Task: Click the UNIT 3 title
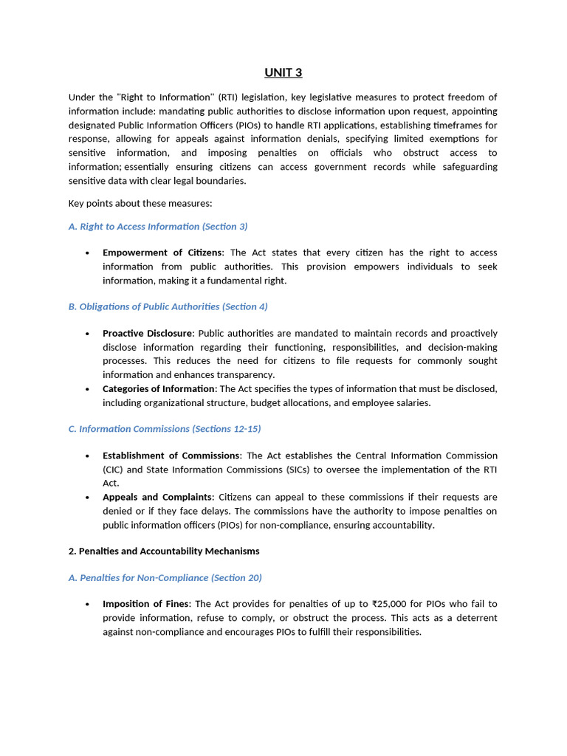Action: pyautogui.click(x=283, y=72)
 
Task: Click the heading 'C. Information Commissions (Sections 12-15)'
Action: pyautogui.click(x=165, y=429)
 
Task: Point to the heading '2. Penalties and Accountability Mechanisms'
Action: pyautogui.click(x=164, y=551)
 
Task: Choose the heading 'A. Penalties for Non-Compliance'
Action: pyautogui.click(x=165, y=578)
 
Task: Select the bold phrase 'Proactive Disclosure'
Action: pyautogui.click(x=147, y=334)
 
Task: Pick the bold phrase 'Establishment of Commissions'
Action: pyautogui.click(x=171, y=456)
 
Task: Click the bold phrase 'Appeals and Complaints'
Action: pyautogui.click(x=157, y=497)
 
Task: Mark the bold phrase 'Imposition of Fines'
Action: pyautogui.click(x=145, y=604)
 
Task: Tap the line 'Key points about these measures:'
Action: pyautogui.click(x=140, y=203)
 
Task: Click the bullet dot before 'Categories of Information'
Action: pyautogui.click(x=87, y=389)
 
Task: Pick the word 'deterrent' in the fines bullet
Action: pyautogui.click(x=475, y=618)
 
